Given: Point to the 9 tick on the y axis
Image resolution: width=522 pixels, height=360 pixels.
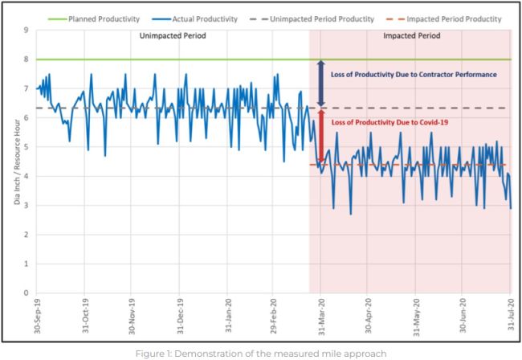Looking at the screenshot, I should (26, 31).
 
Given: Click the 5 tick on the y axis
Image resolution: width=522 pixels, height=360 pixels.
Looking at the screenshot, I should (26, 147).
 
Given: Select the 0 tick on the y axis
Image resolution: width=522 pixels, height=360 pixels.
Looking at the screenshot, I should (26, 293).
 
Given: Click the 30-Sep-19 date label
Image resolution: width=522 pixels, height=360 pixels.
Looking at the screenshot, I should (37, 314).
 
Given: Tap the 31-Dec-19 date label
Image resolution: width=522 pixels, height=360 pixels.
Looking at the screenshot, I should (181, 314).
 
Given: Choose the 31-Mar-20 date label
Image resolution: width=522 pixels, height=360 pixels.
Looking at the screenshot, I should (321, 314).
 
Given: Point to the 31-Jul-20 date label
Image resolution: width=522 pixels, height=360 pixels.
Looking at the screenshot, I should (510, 314).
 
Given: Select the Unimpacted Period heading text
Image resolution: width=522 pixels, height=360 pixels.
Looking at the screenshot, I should (173, 37).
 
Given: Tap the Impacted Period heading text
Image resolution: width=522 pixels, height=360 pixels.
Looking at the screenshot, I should (410, 37).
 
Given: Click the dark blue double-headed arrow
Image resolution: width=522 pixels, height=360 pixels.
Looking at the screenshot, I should (320, 84).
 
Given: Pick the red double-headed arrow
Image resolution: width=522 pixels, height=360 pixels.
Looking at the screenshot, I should (320, 137).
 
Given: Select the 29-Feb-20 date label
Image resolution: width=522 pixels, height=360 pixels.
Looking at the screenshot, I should (275, 314).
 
